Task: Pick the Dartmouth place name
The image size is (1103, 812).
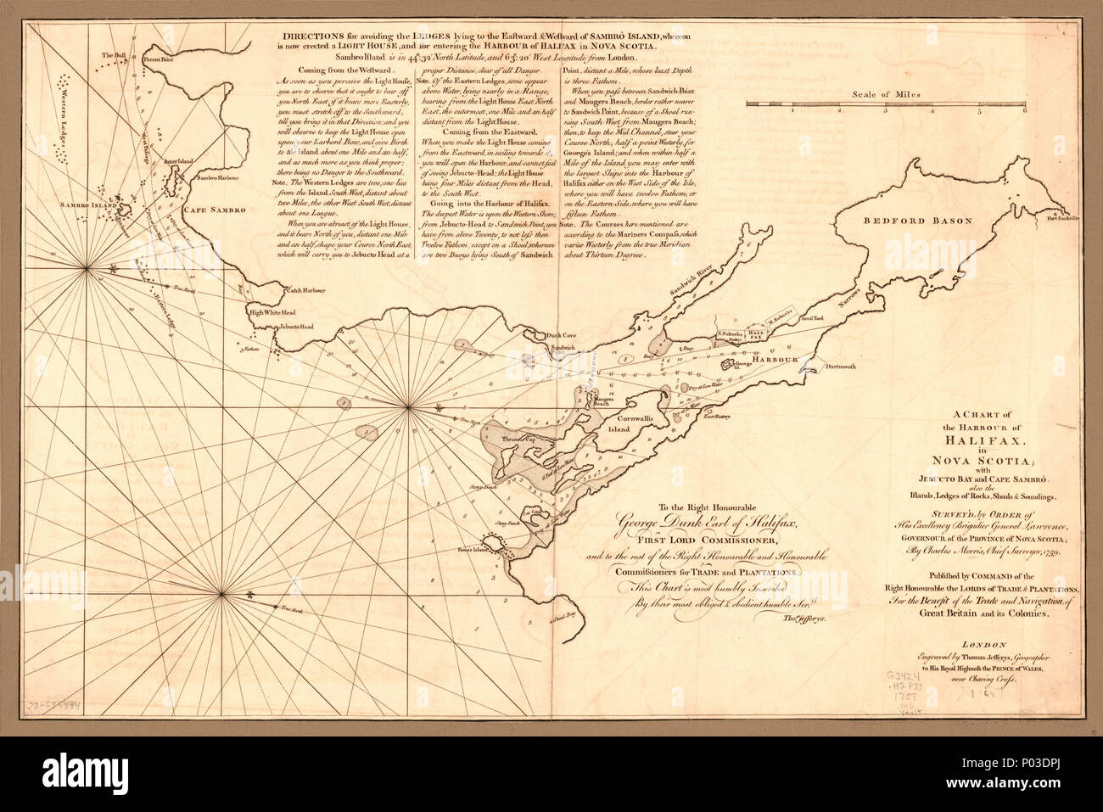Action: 837,367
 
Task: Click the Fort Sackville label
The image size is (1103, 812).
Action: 1061,218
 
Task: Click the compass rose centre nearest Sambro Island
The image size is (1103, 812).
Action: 88,270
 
